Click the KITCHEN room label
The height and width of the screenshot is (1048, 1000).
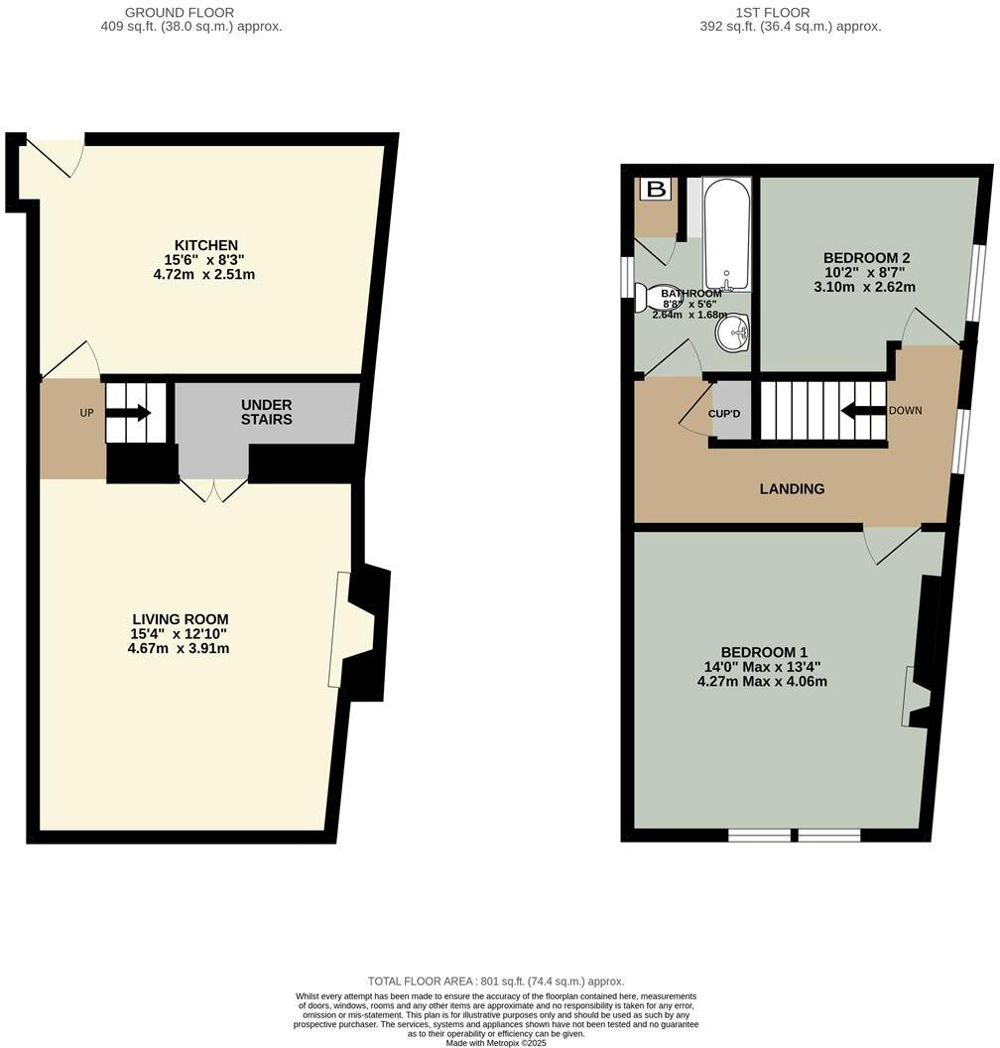[206, 245]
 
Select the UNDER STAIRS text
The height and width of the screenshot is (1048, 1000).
[267, 412]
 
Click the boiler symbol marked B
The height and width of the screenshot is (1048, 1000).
[655, 190]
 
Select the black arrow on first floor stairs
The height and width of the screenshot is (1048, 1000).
[861, 411]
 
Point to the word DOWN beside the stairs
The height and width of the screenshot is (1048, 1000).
[906, 411]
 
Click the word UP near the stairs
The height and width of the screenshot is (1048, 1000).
[86, 412]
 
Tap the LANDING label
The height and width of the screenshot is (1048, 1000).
[792, 488]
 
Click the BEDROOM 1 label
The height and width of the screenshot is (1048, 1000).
[762, 653]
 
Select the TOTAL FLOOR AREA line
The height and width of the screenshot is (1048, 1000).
[495, 980]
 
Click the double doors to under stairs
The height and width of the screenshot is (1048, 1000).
[213, 490]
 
